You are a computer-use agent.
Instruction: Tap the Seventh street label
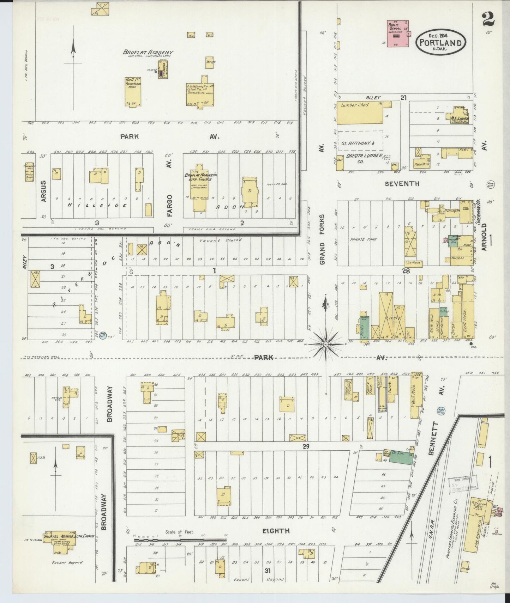click(402, 183)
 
